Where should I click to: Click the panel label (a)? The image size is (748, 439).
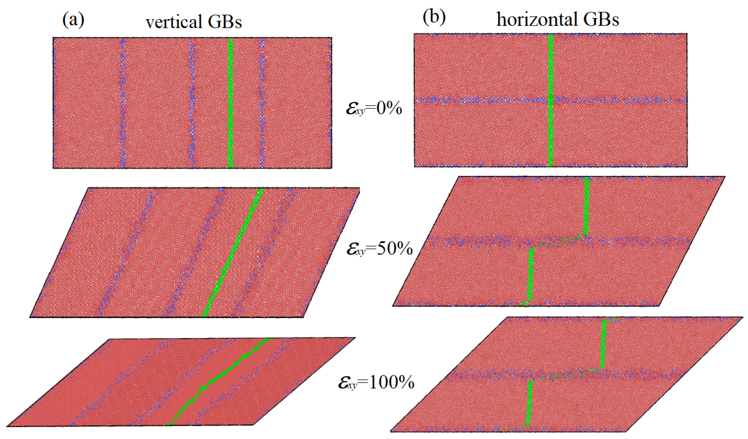[x=73, y=20]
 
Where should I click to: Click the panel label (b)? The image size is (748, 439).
[x=434, y=18]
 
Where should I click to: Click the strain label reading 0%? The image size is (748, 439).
[x=374, y=109]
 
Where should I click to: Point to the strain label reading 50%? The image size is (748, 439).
[x=380, y=249]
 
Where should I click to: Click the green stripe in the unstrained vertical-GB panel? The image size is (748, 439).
[x=230, y=102]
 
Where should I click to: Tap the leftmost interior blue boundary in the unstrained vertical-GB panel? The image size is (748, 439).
[x=122, y=102]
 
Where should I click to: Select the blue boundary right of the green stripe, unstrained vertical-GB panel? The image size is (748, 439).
[x=262, y=102]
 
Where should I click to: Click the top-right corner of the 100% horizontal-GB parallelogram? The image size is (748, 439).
[x=743, y=317]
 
